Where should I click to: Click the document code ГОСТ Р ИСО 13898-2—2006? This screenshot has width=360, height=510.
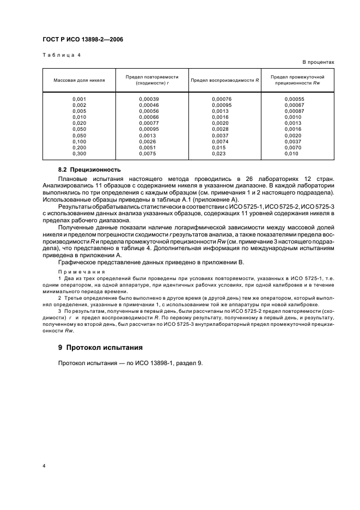point(80,40)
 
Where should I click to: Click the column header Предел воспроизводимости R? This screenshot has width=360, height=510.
point(224,80)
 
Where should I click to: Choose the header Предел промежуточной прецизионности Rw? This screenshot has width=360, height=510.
point(297,80)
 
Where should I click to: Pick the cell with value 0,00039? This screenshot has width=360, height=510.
point(149,99)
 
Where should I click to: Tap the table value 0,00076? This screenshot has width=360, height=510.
point(222,99)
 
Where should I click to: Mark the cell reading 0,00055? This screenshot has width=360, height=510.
point(294,99)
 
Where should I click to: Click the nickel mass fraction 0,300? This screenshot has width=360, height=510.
point(80,154)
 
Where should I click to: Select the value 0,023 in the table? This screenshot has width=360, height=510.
point(218,154)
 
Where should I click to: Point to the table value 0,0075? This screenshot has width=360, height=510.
point(147,154)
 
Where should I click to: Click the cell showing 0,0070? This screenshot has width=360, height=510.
point(292,148)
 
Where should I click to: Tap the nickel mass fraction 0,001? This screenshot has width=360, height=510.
point(80,99)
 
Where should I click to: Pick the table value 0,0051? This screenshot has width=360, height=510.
point(147,148)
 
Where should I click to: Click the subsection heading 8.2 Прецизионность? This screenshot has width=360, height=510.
point(89,170)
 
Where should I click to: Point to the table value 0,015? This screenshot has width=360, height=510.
point(218,148)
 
